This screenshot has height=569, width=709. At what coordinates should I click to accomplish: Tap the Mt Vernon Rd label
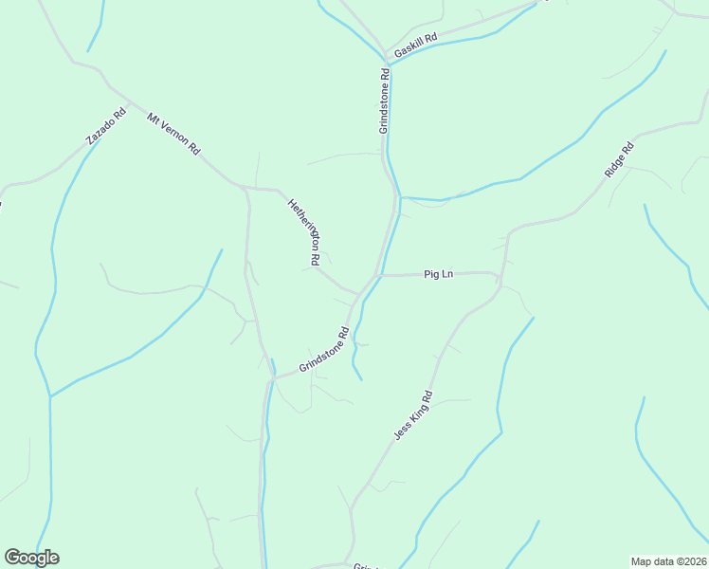174,135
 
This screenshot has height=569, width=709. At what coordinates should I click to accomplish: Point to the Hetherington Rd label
304,230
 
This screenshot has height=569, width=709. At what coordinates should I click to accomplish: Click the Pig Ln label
439,274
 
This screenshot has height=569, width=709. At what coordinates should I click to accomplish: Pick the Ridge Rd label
618,158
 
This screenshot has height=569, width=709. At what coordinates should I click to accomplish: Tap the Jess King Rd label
413,414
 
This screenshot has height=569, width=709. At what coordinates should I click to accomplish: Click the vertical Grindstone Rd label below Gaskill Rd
385,101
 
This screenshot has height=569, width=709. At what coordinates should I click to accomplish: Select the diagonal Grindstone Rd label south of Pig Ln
324,350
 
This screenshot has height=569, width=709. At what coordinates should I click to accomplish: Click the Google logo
31,558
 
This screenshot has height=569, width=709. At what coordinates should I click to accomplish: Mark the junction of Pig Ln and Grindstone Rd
380,275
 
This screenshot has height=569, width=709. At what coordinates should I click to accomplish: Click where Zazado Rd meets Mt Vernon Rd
129,99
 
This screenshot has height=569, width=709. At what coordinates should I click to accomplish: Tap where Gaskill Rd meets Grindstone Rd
386,62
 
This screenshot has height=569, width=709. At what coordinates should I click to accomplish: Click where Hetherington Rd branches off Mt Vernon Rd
275,190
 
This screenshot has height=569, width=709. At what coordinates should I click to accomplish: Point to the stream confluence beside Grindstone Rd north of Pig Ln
400,198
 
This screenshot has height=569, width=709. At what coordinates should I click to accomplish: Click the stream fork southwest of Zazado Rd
49,396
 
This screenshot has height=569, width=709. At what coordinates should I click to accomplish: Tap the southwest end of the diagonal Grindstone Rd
273,377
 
